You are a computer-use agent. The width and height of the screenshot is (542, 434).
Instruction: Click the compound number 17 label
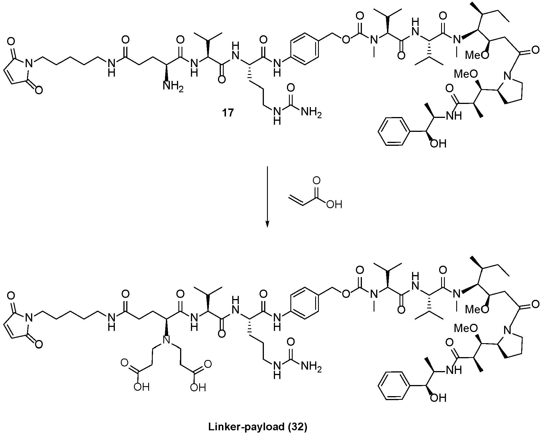pos(228,113)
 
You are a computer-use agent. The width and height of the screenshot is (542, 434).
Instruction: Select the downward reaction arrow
pos(267,197)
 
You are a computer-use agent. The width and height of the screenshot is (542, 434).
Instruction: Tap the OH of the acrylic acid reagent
pos(334,204)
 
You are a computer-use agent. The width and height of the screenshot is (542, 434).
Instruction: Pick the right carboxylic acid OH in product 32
pos(198,388)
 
